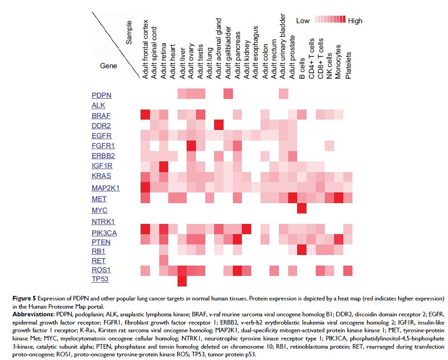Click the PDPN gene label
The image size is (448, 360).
click(x=101, y=95)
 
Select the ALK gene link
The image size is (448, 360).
click(x=98, y=105)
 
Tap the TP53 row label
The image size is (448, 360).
click(x=100, y=279)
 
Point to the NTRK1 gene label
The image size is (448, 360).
click(x=103, y=222)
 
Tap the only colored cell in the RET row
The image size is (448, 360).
click(x=163, y=260)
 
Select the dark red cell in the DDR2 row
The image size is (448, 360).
click(x=219, y=125)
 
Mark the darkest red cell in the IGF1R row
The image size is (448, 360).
click(x=163, y=166)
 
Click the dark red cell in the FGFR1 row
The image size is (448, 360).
click(x=191, y=145)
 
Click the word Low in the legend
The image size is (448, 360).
click(x=303, y=20)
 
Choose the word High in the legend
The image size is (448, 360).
click(x=355, y=20)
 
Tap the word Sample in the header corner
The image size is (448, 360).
click(x=129, y=32)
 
